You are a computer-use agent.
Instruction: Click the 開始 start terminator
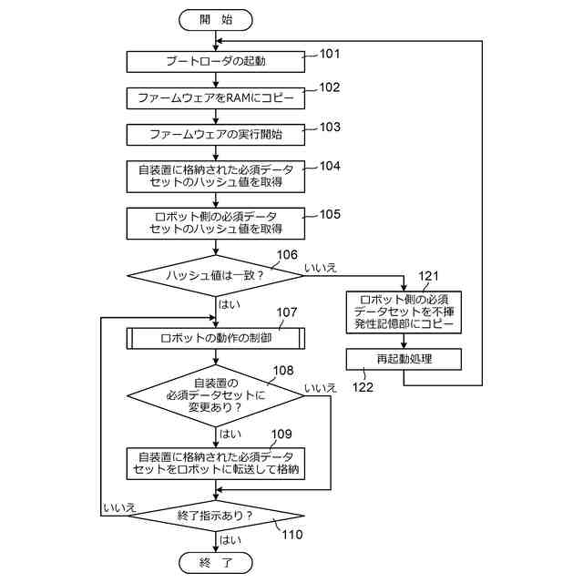tap(216, 20)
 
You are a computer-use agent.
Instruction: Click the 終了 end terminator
tap(216, 563)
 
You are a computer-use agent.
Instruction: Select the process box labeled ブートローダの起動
tap(216, 61)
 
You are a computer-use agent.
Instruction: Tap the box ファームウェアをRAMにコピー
tap(216, 98)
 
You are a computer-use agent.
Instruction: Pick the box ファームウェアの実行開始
tap(216, 135)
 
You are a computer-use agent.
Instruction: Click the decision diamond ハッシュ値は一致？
tap(216, 275)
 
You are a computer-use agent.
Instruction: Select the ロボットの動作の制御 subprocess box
tap(216, 338)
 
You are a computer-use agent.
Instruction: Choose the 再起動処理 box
tap(404, 359)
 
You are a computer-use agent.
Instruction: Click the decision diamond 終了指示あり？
tap(216, 516)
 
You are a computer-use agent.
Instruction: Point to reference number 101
tap(330, 54)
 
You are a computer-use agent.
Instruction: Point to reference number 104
tap(330, 166)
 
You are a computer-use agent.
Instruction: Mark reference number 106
tap(287, 255)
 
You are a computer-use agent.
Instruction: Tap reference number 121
tap(428, 276)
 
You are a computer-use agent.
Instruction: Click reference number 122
tap(363, 387)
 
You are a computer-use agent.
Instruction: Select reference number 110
tap(292, 535)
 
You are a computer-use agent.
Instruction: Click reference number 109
tap(281, 434)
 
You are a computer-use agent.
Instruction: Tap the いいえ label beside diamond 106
tap(321, 268)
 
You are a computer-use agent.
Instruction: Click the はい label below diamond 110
tap(230, 540)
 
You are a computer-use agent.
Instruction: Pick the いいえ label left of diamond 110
tap(119, 508)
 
